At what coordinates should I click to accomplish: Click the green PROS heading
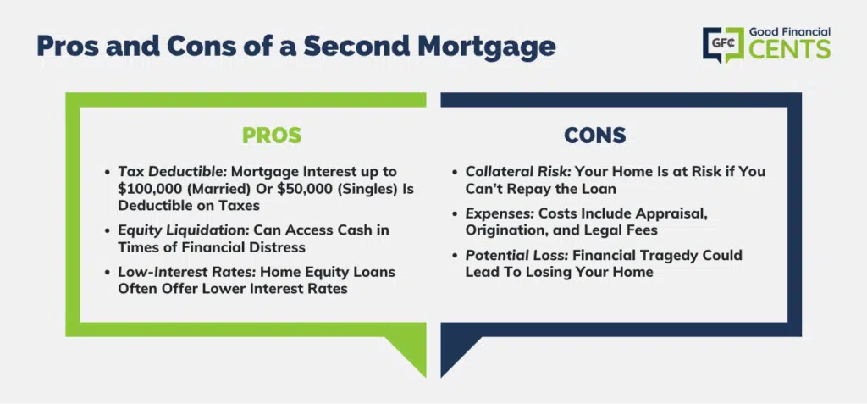pyautogui.click(x=272, y=135)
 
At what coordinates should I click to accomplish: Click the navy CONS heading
pyautogui.click(x=595, y=135)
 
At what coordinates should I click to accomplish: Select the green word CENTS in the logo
pyautogui.click(x=790, y=49)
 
